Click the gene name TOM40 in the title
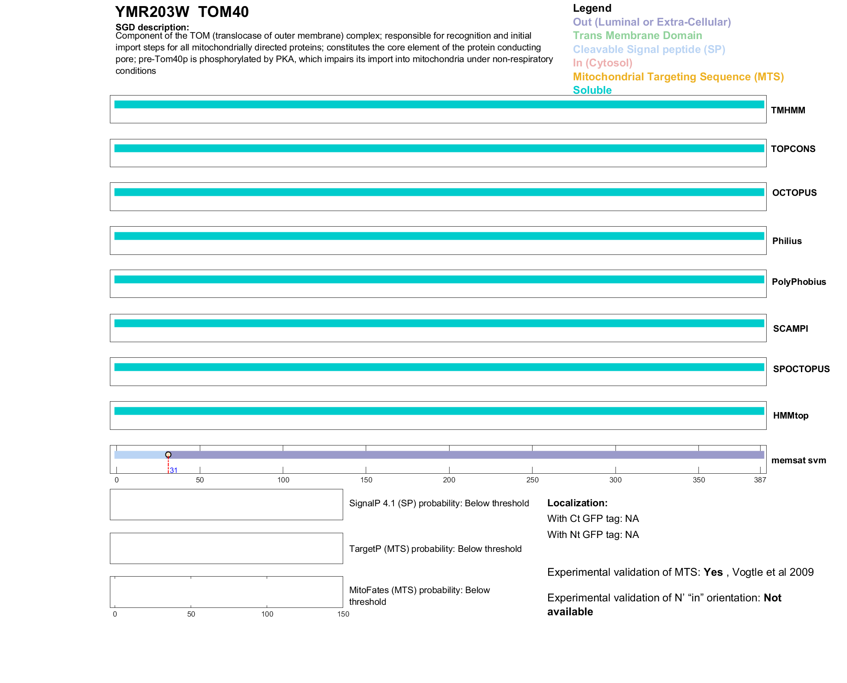point(223,12)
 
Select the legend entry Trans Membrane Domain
point(637,36)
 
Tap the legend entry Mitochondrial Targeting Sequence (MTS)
point(678,77)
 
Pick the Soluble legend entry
point(592,90)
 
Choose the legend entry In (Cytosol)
point(602,63)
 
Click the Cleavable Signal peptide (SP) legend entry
point(649,49)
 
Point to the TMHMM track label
point(788,110)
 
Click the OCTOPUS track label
point(794,193)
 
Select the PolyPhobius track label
point(798,282)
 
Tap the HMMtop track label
point(791,416)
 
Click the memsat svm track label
point(798,460)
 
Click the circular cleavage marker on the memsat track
point(168,455)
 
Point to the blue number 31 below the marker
point(173,471)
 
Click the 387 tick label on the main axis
point(760,480)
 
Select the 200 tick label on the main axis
point(449,480)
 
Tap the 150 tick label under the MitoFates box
point(343,614)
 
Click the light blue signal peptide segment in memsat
point(140,455)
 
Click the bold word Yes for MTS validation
point(713,572)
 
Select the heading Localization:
point(577,503)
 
